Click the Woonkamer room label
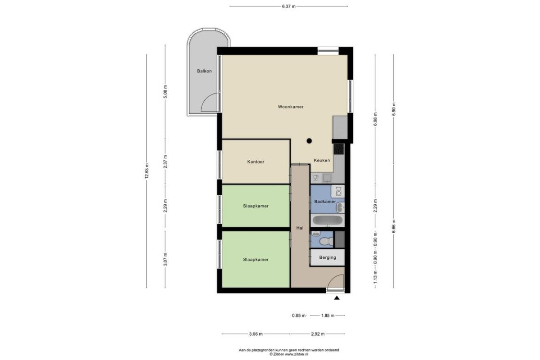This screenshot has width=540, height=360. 291,107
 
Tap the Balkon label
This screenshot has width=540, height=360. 204,71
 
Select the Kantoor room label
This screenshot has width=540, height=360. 256,162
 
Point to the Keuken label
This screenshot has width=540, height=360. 322,160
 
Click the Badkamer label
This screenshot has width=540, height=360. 325,201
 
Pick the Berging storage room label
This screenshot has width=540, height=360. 328,257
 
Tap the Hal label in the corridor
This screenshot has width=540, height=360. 300,228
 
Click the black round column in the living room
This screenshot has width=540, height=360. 309,141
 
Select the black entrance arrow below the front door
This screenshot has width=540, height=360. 337,298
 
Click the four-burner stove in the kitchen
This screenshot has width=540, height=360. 339,149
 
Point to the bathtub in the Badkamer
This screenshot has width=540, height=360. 328,220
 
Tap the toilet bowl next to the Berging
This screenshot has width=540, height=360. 326,241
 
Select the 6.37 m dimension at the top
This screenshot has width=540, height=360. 288,6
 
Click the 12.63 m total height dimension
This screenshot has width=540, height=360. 147,171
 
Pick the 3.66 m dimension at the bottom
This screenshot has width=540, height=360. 256,334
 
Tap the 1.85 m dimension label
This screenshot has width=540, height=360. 328,315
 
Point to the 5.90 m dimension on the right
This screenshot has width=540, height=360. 394,109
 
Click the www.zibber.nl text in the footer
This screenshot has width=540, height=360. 297,354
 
